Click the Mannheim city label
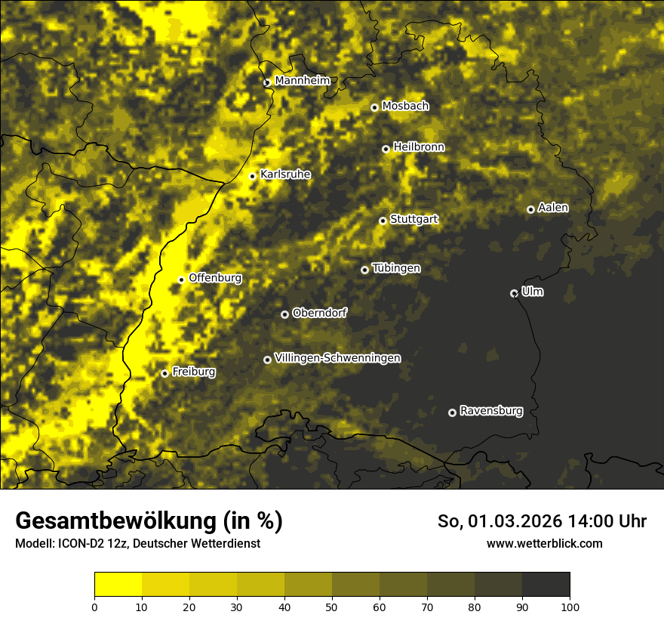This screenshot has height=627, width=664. (303, 81)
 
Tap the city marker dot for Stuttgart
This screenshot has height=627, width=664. (383, 221)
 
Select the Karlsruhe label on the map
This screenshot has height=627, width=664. (285, 175)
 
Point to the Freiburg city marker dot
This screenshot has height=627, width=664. (164, 373)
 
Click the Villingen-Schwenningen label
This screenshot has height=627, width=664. (338, 358)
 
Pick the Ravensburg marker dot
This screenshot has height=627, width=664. (453, 412)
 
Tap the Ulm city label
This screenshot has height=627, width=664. (532, 292)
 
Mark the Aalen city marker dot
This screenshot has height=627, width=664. (530, 209)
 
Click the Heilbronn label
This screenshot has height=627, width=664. (419, 147)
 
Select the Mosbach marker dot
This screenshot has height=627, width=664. (374, 107)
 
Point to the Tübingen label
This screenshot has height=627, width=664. (396, 269)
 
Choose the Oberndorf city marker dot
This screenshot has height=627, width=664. (284, 314)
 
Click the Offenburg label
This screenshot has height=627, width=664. (215, 278)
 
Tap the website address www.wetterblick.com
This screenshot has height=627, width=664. (544, 543)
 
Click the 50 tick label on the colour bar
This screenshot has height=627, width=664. (332, 607)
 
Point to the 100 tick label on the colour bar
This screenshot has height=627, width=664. (570, 607)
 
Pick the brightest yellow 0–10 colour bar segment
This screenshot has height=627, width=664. (118, 585)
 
